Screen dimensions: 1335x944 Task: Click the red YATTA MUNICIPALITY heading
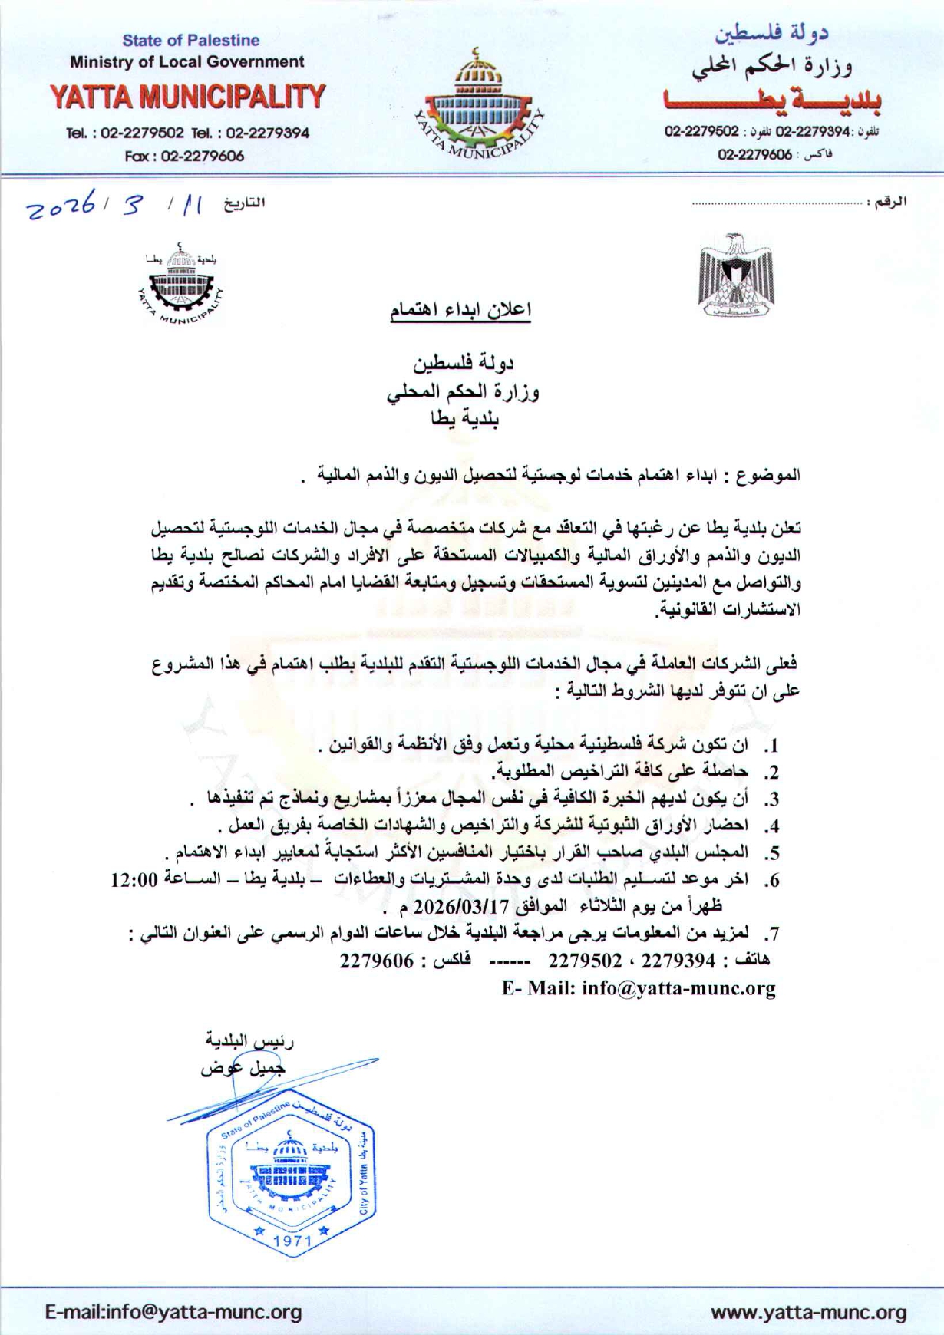tap(188, 97)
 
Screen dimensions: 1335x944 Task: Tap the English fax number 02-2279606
tap(203, 156)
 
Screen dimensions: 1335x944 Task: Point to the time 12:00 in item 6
tap(134, 880)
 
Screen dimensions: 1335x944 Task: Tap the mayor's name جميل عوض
tap(243, 1068)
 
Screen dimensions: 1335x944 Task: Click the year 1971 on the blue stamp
tap(292, 1241)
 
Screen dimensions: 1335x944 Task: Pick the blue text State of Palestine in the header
tap(191, 40)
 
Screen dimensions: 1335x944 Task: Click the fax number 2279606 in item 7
tap(377, 961)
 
